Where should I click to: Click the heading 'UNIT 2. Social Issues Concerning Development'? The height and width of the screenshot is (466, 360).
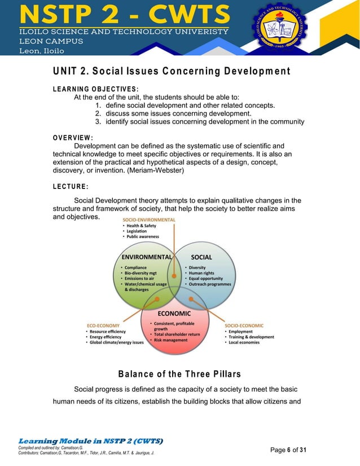tap(171, 71)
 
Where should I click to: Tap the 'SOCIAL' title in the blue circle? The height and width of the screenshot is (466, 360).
tap(201, 257)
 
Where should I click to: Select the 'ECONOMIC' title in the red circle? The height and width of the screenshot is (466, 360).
tap(174, 313)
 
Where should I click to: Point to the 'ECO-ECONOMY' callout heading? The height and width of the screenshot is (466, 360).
tap(103, 325)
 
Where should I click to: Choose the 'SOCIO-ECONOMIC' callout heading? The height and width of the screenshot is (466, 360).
tap(244, 325)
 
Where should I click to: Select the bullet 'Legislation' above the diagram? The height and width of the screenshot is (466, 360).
tap(137, 231)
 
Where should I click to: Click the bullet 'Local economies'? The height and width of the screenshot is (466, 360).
tap(244, 342)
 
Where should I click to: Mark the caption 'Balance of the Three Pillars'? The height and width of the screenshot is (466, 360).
tap(179, 374)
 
